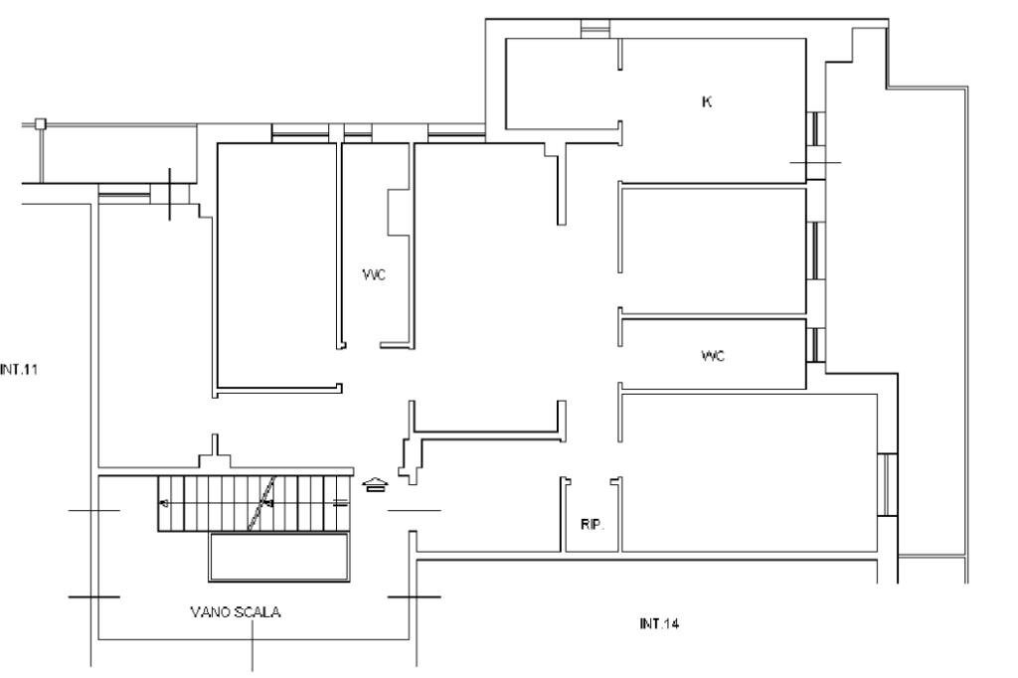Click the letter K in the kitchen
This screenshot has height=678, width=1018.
point(707,101)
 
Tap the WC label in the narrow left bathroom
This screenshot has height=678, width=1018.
point(374,274)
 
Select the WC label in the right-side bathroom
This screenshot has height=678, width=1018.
point(713,355)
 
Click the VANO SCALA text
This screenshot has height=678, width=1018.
point(236,612)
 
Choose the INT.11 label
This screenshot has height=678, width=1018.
point(19,369)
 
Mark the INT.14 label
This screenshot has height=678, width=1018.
point(659,624)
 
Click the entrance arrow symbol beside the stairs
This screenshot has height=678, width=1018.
point(375,485)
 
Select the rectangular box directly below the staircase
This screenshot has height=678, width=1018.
point(279,557)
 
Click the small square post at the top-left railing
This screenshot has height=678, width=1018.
point(40,124)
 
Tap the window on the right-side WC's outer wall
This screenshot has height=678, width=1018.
point(813,343)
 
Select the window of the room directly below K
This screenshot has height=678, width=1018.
point(813,253)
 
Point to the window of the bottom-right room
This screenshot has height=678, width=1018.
point(888,485)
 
